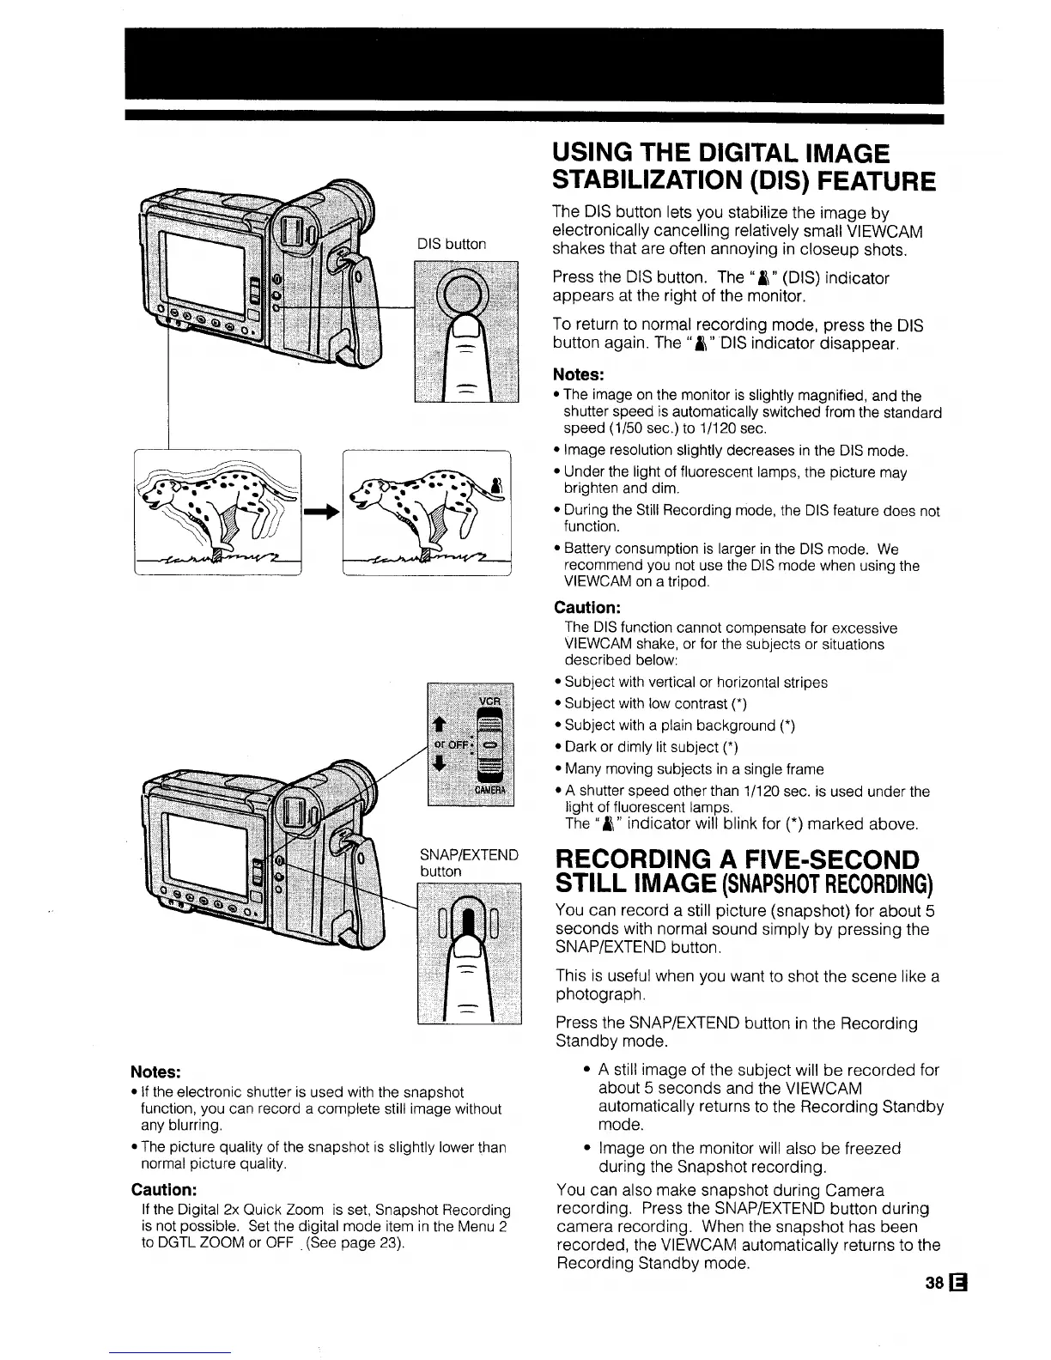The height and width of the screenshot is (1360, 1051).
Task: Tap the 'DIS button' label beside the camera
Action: (451, 244)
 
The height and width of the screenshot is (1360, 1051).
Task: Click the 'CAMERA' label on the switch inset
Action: (491, 791)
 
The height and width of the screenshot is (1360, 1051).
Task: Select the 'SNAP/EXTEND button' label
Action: (469, 863)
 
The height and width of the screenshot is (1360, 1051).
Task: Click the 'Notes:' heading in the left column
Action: (155, 1072)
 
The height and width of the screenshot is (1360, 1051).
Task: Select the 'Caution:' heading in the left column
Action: (164, 1190)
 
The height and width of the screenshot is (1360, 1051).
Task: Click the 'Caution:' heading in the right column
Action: (588, 608)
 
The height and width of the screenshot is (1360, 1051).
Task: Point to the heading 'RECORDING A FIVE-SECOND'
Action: (738, 859)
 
